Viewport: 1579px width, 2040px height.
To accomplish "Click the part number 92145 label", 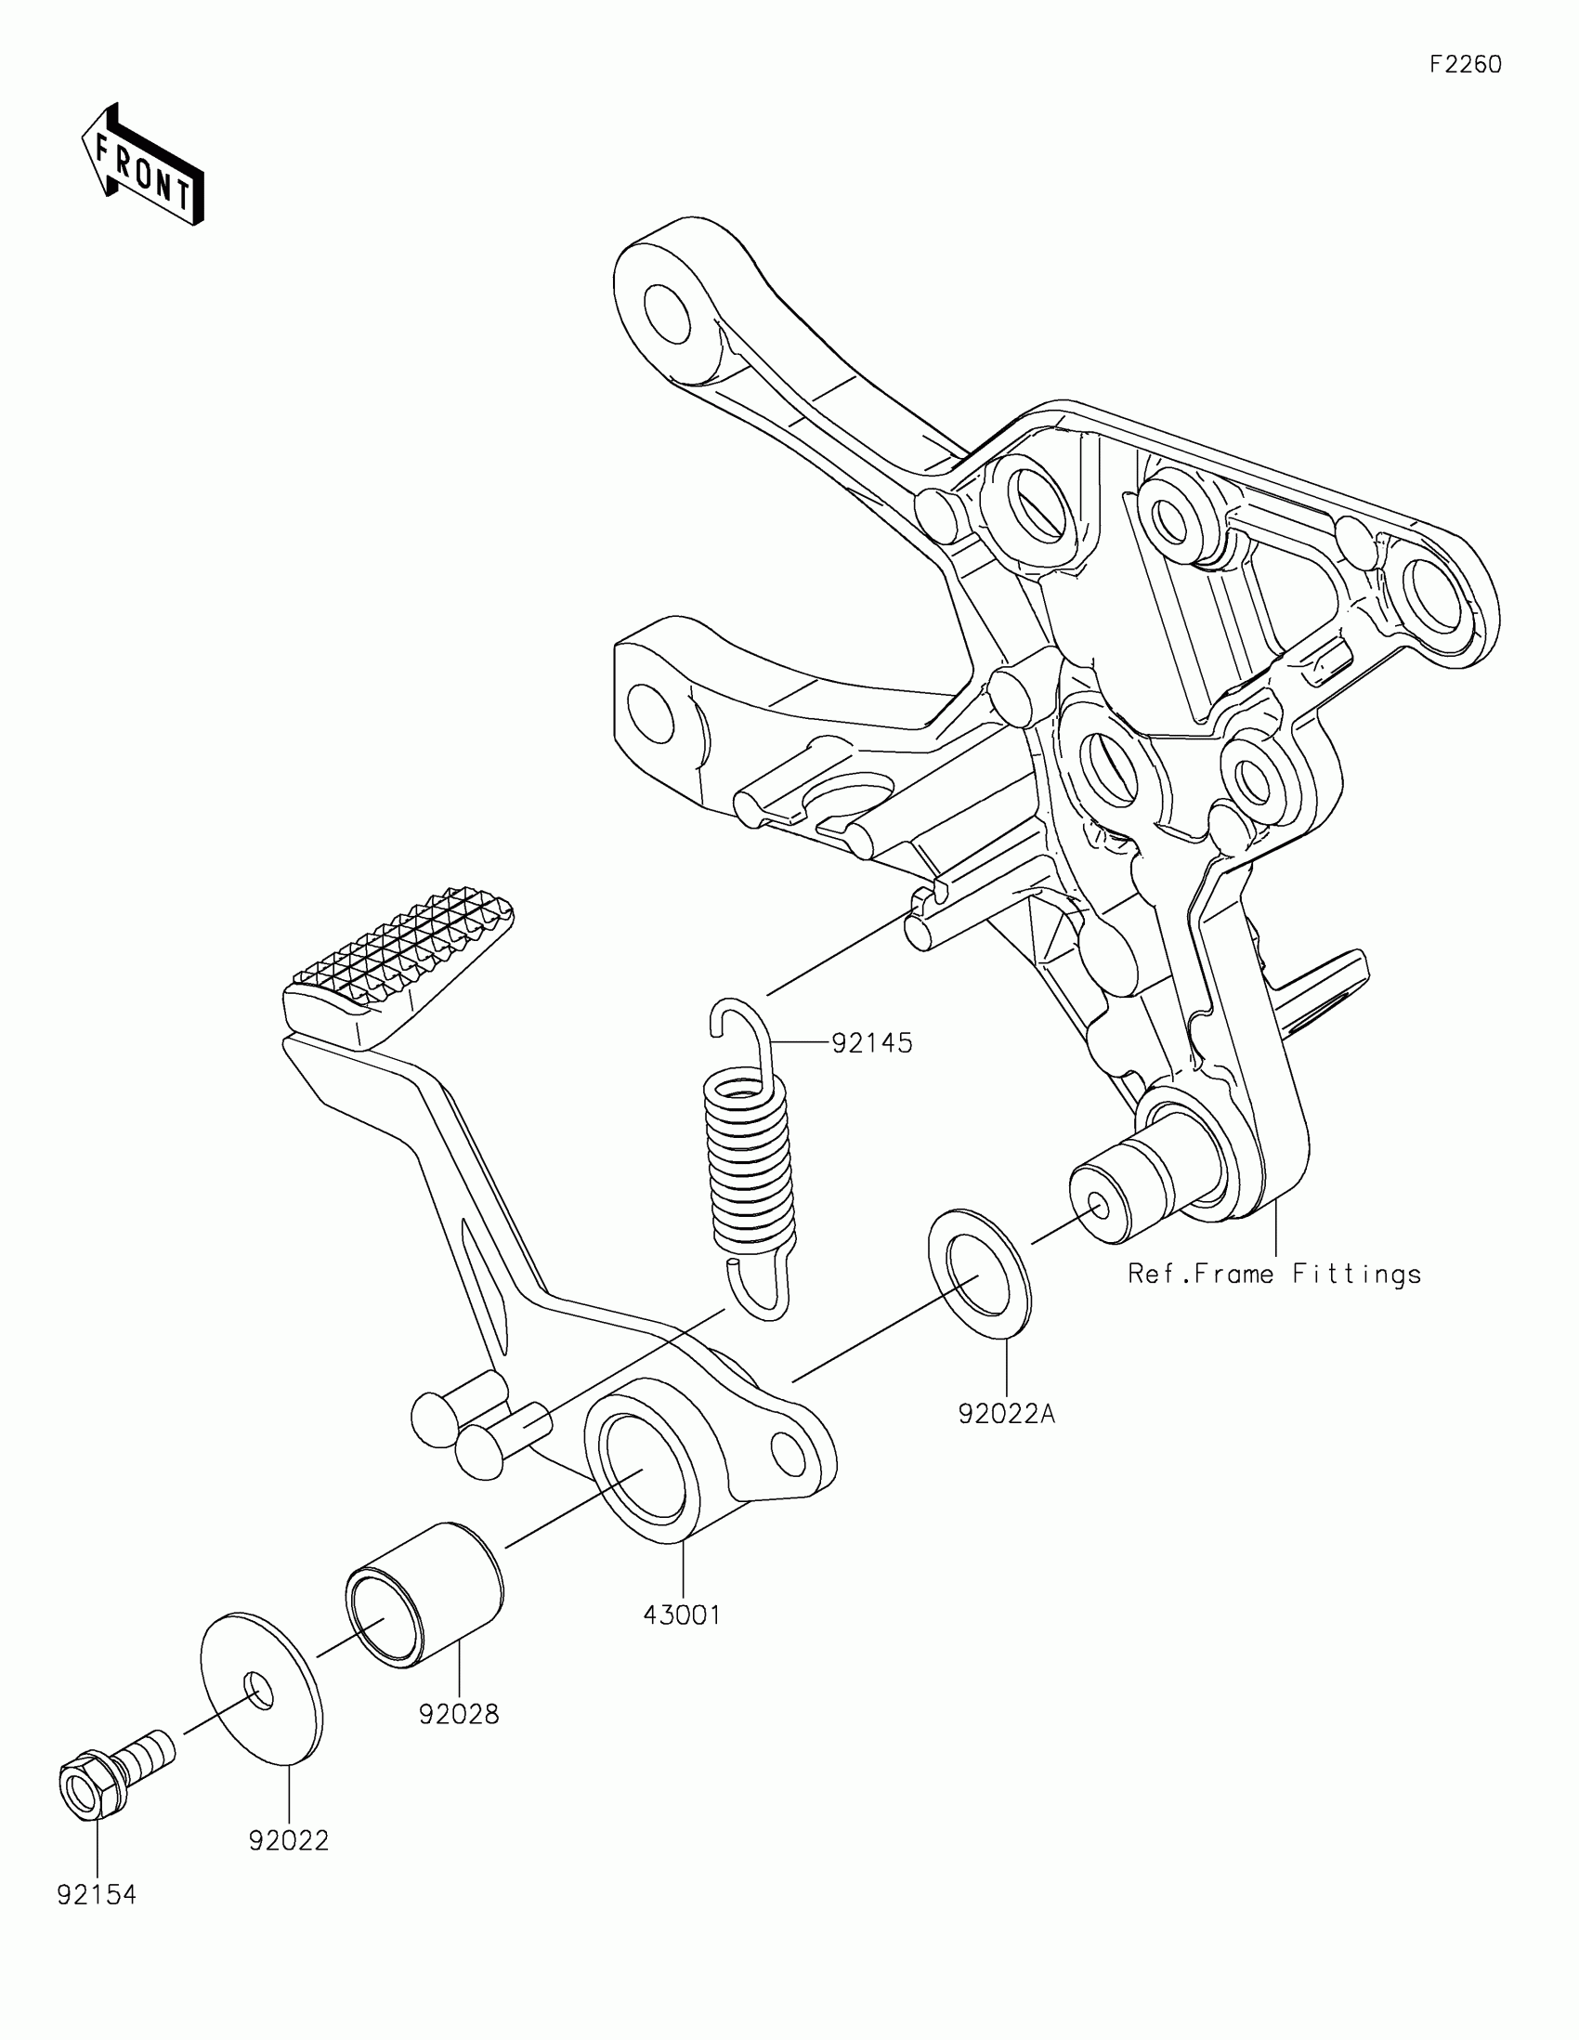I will point(871,1042).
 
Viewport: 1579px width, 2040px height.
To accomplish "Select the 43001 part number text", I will point(682,1615).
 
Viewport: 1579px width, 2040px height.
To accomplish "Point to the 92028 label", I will point(459,1714).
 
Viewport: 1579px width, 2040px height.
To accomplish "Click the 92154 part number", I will point(97,1895).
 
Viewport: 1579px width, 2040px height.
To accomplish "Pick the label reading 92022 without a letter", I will point(289,1840).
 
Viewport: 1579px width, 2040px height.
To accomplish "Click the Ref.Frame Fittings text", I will point(1273,1274).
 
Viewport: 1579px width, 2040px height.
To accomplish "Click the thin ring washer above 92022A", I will point(979,1277).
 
